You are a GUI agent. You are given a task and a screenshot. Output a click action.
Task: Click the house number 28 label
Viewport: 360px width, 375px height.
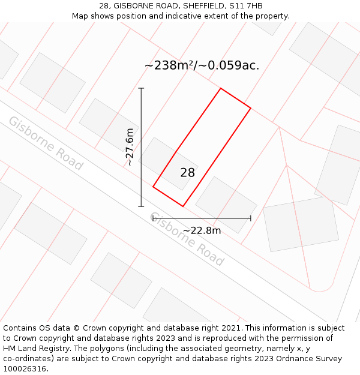tap(187, 173)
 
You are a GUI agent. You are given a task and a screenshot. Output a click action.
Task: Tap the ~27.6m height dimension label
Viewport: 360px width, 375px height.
tap(130, 147)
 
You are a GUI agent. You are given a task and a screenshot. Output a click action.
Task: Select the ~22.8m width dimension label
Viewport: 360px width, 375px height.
tap(202, 230)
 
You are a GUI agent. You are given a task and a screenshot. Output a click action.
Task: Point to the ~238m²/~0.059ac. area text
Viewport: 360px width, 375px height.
tap(202, 65)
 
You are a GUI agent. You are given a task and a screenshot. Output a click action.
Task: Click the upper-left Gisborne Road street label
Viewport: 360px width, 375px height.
tap(45, 143)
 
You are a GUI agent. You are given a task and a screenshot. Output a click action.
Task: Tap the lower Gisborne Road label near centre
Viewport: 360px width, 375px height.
tap(186, 239)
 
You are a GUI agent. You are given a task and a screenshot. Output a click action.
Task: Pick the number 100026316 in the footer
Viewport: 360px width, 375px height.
tap(25, 369)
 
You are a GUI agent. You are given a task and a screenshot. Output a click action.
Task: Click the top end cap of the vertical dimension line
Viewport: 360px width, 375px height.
tap(141, 89)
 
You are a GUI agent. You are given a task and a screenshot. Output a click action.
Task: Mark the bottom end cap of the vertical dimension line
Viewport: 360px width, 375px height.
tap(141, 206)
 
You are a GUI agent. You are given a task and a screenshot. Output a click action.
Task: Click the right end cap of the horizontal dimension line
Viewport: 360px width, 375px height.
tap(251, 218)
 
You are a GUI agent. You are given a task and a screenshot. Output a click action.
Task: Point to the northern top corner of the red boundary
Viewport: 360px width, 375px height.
tap(221, 89)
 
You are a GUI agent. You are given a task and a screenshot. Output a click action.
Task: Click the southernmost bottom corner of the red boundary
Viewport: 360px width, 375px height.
tap(183, 206)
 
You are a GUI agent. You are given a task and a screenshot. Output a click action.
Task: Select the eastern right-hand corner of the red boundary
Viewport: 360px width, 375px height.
tap(250, 109)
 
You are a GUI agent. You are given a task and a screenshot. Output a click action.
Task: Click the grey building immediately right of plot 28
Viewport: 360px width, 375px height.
tap(226, 204)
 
